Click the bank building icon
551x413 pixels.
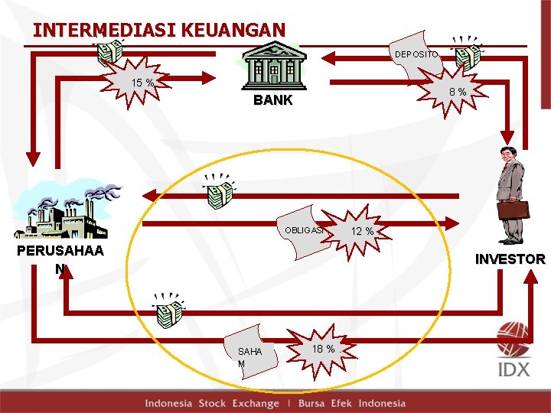coord(272,63)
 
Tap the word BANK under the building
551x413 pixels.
coord(272,100)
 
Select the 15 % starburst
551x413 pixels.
coord(143,82)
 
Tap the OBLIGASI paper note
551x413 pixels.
coord(305,230)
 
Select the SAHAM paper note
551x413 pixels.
coord(249,353)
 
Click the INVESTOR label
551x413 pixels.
coord(510,259)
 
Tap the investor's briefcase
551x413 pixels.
coord(513,209)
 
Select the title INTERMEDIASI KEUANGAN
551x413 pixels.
coord(159,30)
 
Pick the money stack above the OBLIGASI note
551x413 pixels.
coord(218,191)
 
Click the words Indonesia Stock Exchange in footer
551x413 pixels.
coord(212,403)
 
